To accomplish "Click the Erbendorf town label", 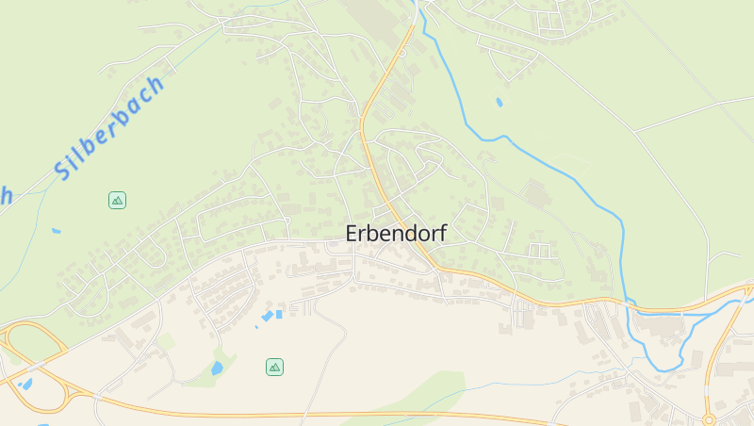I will pyautogui.click(x=396, y=233).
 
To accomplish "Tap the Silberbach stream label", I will pyautogui.click(x=108, y=127).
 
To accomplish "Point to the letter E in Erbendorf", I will pyautogui.click(x=352, y=233).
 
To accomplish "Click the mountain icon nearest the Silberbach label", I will pyautogui.click(x=117, y=200).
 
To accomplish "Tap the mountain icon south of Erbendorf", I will pyautogui.click(x=274, y=367).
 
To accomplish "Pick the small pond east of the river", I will pyautogui.click(x=499, y=102).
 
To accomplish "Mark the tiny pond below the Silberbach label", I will pyautogui.click(x=57, y=230).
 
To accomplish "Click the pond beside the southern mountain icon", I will pyautogui.click(x=218, y=367).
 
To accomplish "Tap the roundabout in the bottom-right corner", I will pyautogui.click(x=709, y=419).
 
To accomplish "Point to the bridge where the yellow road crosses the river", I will pyautogui.click(x=631, y=306).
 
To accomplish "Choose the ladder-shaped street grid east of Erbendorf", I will pyautogui.click(x=540, y=251).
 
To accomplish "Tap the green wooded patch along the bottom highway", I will pyautogui.click(x=424, y=396).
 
